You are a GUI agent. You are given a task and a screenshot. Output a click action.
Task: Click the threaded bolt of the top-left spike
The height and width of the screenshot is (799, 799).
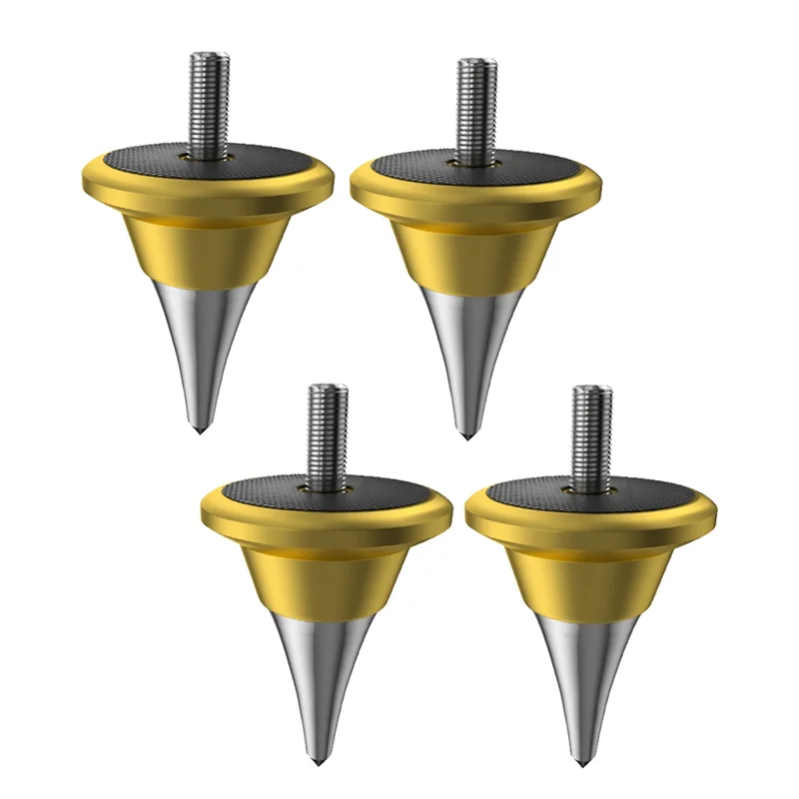click(x=210, y=100)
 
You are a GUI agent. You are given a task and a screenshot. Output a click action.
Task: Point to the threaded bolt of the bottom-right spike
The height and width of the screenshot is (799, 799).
click(x=589, y=430)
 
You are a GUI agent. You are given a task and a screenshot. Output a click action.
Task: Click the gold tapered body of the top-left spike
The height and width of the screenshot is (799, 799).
click(x=205, y=245)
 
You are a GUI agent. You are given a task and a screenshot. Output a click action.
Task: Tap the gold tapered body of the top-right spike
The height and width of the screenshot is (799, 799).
click(x=469, y=255)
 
